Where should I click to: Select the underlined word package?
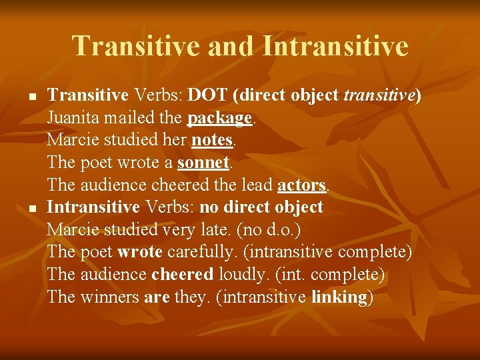click(219, 119)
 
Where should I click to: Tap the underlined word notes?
click(212, 141)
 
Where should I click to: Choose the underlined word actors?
click(301, 185)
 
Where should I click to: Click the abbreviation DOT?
click(209, 96)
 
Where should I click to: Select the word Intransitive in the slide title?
click(335, 46)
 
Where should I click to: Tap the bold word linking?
click(339, 297)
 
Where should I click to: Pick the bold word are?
click(157, 297)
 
